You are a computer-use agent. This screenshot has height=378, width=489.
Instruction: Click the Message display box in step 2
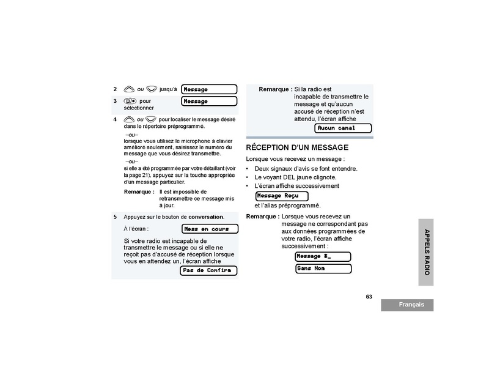pos(209,89)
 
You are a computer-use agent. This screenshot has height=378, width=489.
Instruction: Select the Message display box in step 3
pos(209,101)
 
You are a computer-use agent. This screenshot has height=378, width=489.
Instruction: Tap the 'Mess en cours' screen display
pos(210,229)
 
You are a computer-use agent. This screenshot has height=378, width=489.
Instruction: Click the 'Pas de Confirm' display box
pos(208,270)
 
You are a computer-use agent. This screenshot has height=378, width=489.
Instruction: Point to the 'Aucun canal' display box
pos(343,128)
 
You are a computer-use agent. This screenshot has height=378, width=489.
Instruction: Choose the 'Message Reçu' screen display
pos(282,196)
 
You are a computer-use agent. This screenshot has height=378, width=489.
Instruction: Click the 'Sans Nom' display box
pos(323,269)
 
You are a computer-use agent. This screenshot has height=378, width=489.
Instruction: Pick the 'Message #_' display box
pos(323,256)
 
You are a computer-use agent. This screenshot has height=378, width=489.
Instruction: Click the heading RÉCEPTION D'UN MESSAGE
pos(297,147)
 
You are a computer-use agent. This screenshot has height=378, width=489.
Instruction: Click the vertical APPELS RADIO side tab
pos(427,251)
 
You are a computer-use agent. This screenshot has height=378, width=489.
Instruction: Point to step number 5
pos(115,217)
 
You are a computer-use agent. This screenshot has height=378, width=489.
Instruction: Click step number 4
pos(115,119)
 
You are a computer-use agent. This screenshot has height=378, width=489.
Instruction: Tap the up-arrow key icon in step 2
pos(128,89)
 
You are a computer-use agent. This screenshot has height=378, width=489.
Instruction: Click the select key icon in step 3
pos(128,101)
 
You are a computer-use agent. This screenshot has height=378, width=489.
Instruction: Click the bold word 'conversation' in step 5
pos(205,217)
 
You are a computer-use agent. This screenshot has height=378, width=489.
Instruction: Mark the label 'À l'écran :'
pos(136,229)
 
